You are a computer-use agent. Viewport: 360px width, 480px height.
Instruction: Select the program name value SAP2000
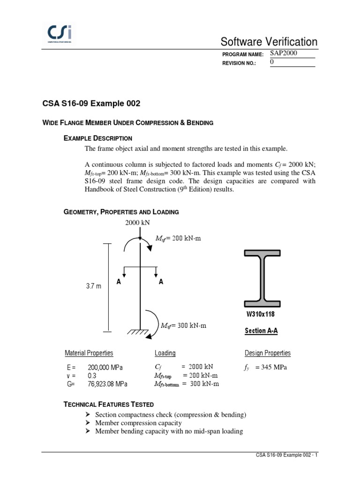pyautogui.click(x=284, y=53)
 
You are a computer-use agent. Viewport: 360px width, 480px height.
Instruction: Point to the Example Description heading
pyautogui.click(x=97, y=138)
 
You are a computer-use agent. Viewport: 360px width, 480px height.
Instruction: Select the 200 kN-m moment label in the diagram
pyautogui.click(x=178, y=239)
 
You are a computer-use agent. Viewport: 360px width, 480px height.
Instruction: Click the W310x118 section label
pyautogui.click(x=260, y=314)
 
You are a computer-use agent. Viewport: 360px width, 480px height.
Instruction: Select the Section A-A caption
pyautogui.click(x=261, y=331)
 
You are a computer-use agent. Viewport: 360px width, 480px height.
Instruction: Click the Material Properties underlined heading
pyautogui.click(x=89, y=353)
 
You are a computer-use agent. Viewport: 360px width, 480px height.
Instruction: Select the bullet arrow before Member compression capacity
pyautogui.click(x=88, y=423)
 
